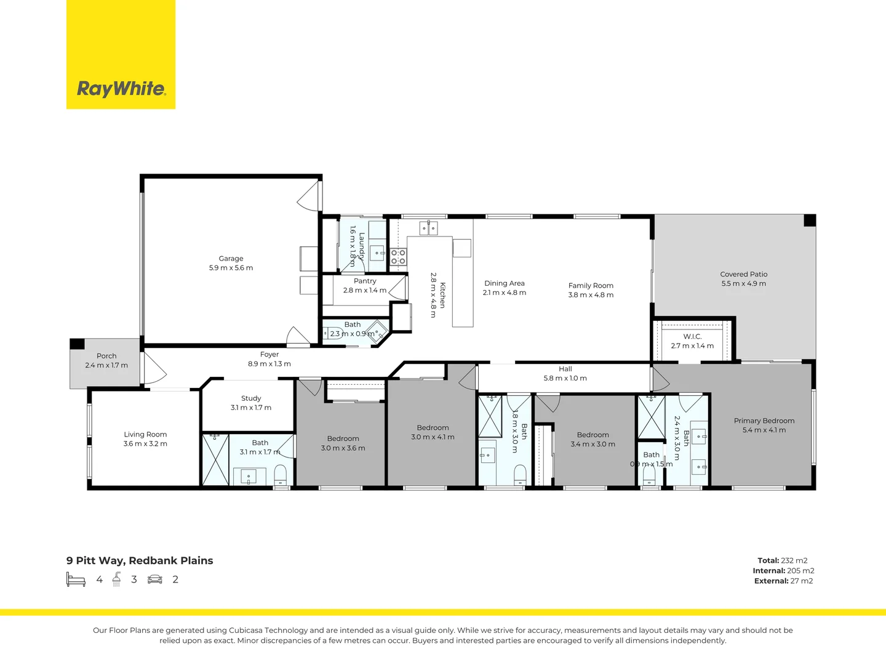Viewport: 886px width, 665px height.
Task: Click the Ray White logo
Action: coord(121,89)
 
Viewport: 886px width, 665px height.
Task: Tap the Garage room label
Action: coord(231,259)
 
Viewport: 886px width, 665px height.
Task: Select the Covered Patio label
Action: coord(743,274)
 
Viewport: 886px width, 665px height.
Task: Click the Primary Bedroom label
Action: coord(764,421)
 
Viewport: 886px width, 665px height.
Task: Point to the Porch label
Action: coord(106,356)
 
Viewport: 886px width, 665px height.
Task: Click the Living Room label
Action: coord(145,434)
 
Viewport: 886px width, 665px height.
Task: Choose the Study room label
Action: coord(251,398)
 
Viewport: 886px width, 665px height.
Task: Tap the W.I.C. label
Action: coord(692,336)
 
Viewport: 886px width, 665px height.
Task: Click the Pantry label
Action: coord(365,281)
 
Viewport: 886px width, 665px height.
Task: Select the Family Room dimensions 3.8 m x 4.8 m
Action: coord(591,295)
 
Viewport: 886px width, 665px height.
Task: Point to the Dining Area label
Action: coord(504,283)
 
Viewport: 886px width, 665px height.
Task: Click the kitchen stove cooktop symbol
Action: coord(398,257)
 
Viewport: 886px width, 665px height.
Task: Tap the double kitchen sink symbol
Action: coord(428,228)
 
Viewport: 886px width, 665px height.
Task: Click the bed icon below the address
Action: coord(76,579)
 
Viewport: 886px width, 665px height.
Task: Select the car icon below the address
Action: coord(155,579)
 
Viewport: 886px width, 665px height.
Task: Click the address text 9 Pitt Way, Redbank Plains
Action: coord(140,560)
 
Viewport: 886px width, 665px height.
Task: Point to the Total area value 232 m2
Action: coord(794,560)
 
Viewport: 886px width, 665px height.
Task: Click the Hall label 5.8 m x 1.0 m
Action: coord(565,374)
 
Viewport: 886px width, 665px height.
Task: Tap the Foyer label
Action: coord(269,354)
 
